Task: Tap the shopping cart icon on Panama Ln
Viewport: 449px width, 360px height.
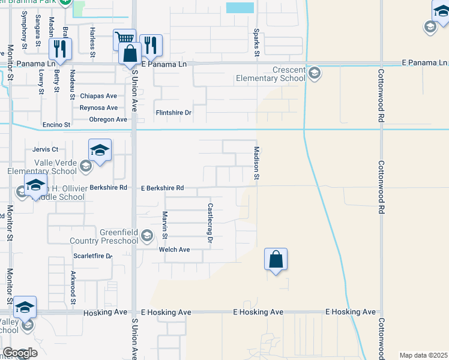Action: tap(124, 40)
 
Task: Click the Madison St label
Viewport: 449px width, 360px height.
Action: tap(256, 163)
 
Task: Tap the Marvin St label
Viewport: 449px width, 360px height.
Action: tap(164, 224)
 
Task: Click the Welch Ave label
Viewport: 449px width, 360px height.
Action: tap(174, 250)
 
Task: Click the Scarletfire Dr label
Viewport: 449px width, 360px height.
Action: tap(92, 256)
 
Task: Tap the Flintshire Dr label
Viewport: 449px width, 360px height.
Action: tap(173, 112)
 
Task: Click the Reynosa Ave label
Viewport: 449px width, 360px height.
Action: tap(98, 108)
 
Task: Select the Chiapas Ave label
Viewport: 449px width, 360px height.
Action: tap(98, 96)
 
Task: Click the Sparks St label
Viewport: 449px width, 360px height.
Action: tap(257, 43)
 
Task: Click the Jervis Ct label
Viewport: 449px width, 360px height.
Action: tap(46, 149)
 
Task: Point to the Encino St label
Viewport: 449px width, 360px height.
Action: tap(56, 125)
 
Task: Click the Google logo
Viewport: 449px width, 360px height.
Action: tap(19, 353)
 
